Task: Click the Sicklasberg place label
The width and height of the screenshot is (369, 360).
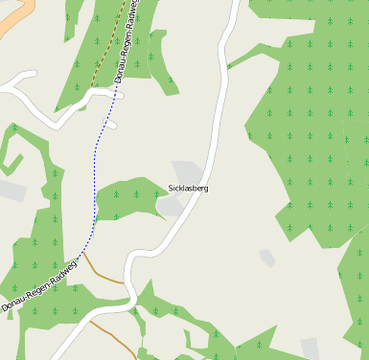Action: click(x=188, y=189)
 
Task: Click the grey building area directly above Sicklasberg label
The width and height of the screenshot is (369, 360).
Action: click(x=188, y=171)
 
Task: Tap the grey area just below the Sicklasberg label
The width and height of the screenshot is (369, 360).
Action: click(x=169, y=205)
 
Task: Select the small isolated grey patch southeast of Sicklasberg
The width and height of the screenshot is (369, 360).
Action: click(x=267, y=258)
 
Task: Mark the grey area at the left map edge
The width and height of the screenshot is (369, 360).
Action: click(x=11, y=191)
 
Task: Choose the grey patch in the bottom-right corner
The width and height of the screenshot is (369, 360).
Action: click(x=311, y=349)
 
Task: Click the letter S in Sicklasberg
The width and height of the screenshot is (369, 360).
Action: click(x=171, y=189)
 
